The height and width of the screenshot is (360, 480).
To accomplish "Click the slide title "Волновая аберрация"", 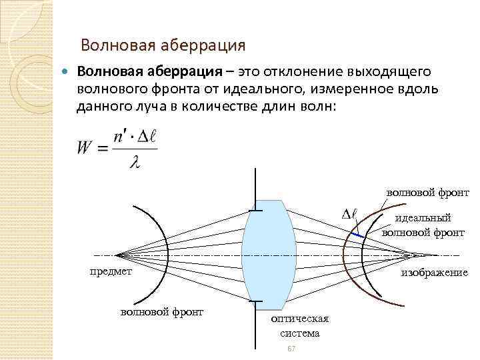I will coord(163,45).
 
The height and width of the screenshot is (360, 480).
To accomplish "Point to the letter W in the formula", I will coord(85,148).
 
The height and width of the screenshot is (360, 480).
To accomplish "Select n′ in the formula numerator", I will coord(120,135).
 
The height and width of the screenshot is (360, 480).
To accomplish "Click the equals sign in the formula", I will coord(103,149).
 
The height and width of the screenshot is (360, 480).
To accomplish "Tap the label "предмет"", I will coord(111,272).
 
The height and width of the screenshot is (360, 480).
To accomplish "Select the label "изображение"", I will coord(433,273).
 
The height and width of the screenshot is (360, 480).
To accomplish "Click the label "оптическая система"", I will coord(299,326).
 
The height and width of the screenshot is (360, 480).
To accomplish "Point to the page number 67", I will coord(291,350).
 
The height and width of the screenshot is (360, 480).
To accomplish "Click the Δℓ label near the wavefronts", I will coord(349,214).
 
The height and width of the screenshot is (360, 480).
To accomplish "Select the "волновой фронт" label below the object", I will coord(161,311).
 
